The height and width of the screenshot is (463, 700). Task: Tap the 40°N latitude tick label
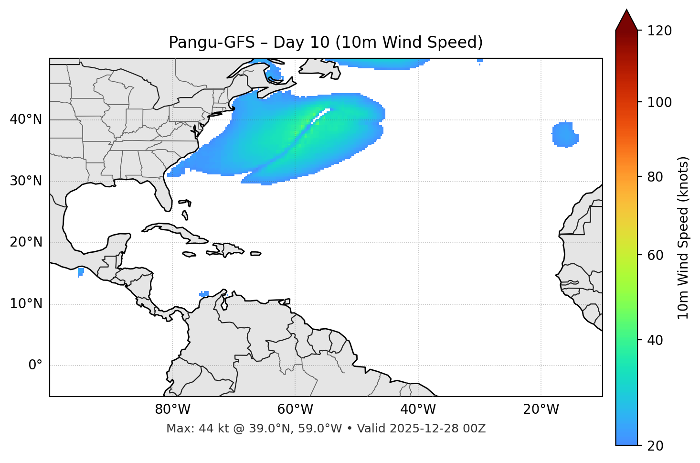click(26, 119)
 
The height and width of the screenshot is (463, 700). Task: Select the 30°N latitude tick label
click(26, 181)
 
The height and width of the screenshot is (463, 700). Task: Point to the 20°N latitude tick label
click(26, 242)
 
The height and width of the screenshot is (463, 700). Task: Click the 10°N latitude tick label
click(26, 304)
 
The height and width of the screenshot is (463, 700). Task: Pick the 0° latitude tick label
click(35, 366)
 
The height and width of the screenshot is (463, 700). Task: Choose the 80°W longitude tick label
click(172, 409)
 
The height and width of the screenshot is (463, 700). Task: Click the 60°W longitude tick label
click(295, 409)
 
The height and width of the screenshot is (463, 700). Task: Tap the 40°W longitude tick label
click(418, 409)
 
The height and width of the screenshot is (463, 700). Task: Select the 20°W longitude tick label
click(541, 409)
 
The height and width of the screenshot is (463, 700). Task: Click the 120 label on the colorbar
click(660, 31)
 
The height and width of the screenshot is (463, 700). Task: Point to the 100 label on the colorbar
click(660, 102)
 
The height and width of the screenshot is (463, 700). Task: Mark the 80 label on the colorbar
click(657, 177)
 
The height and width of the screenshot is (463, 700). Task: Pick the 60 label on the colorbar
click(657, 255)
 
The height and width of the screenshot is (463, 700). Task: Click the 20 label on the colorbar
click(657, 446)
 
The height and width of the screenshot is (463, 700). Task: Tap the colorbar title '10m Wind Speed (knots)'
click(683, 237)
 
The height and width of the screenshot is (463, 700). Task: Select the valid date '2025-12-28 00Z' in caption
click(437, 429)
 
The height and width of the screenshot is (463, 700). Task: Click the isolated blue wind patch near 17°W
click(565, 135)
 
